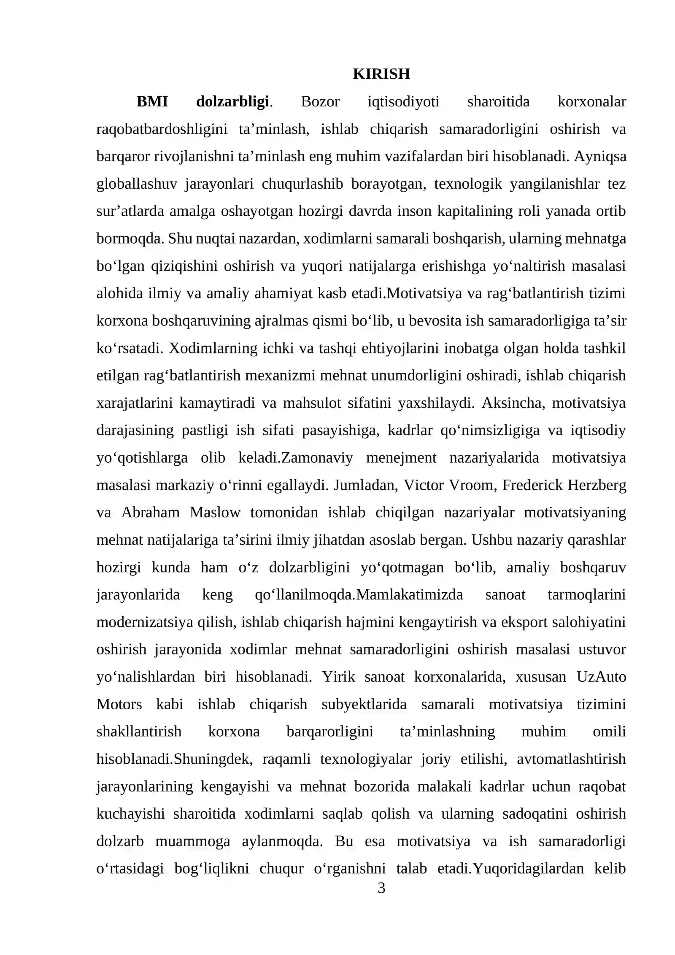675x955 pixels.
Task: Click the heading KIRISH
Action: tap(381, 74)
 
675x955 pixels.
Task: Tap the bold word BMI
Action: tap(152, 102)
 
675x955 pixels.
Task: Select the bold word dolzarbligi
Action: tap(232, 102)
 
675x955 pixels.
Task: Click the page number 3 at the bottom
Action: tap(381, 888)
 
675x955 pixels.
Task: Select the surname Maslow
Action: tap(215, 513)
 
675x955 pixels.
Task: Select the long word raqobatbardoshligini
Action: tap(162, 129)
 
